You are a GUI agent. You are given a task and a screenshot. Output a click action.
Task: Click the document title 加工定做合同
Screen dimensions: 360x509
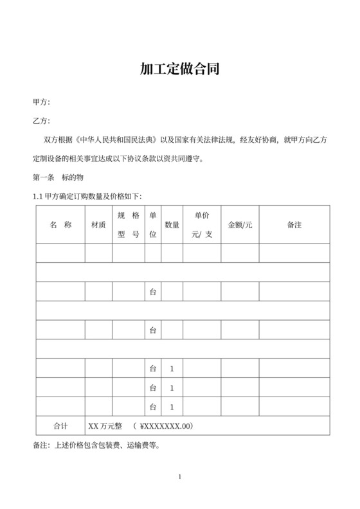pos(180,69)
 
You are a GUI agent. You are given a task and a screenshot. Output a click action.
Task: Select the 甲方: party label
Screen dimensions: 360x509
pos(41,102)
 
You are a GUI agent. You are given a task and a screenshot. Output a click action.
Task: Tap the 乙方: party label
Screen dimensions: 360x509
pos(41,121)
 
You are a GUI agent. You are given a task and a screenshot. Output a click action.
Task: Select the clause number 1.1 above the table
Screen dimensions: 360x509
pos(37,196)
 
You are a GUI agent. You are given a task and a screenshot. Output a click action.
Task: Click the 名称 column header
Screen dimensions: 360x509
pos(60,225)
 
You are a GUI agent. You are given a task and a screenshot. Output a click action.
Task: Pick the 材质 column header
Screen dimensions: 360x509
pos(98,225)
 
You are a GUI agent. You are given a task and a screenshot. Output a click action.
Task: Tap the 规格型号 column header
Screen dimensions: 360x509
pos(129,225)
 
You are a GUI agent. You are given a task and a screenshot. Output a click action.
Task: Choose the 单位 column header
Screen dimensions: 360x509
pos(153,225)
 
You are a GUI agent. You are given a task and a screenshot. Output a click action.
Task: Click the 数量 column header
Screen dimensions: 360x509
pos(172,225)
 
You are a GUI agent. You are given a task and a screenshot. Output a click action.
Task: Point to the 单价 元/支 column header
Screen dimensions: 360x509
pos(202,225)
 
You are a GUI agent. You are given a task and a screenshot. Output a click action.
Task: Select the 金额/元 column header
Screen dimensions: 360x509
pos(240,225)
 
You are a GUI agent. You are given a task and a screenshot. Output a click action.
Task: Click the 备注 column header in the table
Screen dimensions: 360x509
pos(294,225)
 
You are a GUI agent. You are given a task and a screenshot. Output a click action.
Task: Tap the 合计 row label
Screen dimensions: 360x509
pos(60,425)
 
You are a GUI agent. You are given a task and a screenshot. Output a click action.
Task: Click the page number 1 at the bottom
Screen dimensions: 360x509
pos(180,476)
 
